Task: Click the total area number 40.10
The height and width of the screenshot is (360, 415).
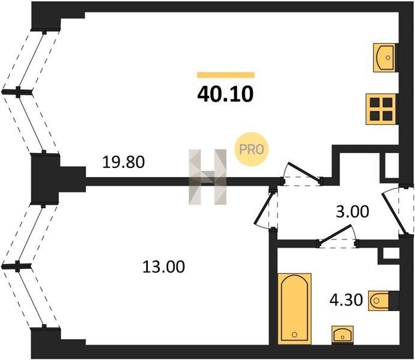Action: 225,94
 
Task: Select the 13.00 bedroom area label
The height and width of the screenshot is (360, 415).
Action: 164,266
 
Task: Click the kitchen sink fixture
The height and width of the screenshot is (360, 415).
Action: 384,58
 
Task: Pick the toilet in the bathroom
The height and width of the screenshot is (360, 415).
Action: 382,299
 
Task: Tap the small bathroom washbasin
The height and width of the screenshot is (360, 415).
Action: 343,334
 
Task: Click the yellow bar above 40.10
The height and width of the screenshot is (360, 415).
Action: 225,75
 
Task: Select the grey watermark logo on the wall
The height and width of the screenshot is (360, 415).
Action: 208,177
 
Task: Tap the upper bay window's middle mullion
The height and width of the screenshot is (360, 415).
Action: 19,92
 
